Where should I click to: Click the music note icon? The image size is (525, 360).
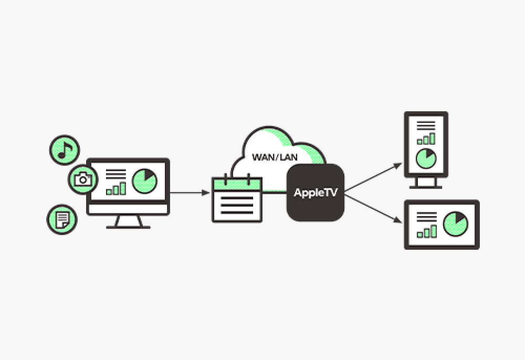[64, 150]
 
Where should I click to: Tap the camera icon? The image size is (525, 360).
[82, 179]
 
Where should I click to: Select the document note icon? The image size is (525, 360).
[62, 218]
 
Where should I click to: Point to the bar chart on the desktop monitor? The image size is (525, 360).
[116, 188]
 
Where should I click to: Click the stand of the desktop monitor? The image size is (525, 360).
[128, 222]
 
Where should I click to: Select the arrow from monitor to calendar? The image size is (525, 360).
[189, 193]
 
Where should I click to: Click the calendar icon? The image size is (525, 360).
[236, 200]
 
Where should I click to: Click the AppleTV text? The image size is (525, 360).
[315, 193]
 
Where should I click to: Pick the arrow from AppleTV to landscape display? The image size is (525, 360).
[373, 207]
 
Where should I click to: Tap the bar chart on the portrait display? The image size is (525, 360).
[426, 139]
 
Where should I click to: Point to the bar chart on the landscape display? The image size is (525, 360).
[426, 231]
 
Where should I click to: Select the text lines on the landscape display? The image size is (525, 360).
[426, 216]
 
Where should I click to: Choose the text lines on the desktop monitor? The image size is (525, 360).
[116, 174]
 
